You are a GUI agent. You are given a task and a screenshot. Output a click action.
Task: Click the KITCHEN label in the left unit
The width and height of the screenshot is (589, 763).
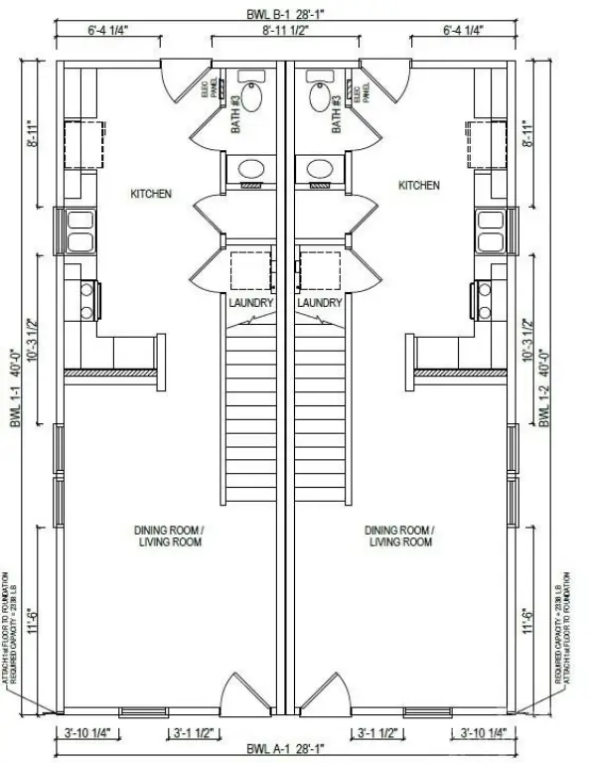(150, 193)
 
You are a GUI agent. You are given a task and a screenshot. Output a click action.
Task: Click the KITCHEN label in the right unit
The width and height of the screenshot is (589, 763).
(418, 186)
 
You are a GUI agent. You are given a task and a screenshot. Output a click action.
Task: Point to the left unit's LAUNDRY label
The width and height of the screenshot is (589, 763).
(250, 302)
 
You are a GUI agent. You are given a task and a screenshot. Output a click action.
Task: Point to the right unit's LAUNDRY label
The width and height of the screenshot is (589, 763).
(319, 302)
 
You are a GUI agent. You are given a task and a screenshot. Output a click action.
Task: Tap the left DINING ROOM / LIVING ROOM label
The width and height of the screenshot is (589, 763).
(170, 536)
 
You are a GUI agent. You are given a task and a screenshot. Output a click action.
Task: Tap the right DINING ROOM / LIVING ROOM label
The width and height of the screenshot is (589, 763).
(400, 536)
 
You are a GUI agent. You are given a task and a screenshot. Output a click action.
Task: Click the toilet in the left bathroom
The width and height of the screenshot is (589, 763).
(251, 94)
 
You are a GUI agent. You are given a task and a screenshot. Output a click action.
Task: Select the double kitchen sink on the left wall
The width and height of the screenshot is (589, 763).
(79, 230)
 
